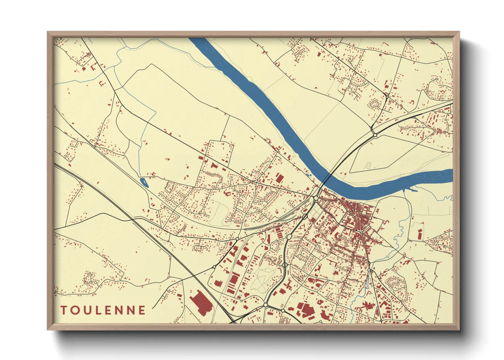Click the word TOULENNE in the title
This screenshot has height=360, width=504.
pos(103,310)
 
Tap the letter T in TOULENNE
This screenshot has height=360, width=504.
pos(64,310)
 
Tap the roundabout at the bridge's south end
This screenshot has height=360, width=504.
pos(316,198)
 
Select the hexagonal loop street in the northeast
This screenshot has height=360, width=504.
pos(375,103)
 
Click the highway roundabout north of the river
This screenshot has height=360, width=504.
pos(375,135)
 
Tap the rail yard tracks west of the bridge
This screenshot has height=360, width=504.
pos(272,221)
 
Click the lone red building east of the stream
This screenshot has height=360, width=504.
pos(420,234)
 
